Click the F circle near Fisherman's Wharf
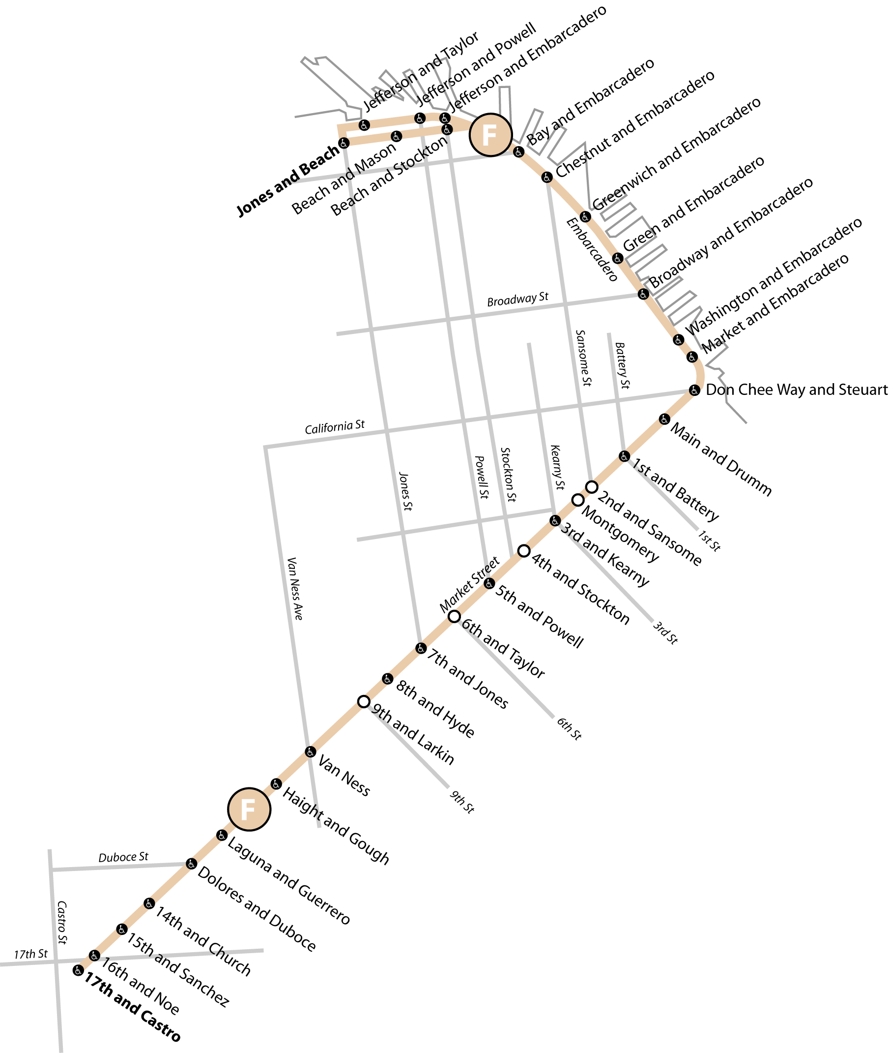(490, 135)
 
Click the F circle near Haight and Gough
(249, 810)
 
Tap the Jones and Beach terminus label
(288, 180)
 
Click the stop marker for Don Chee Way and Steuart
(694, 391)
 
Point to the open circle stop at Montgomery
(578, 500)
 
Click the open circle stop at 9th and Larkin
(364, 701)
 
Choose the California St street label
(335, 427)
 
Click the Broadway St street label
(517, 300)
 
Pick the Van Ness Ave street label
(295, 589)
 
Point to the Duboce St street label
(123, 857)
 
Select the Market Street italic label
(469, 584)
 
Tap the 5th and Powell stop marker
(489, 583)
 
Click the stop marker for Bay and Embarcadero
(518, 152)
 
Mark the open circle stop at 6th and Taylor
(454, 616)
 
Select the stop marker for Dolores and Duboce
(191, 864)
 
